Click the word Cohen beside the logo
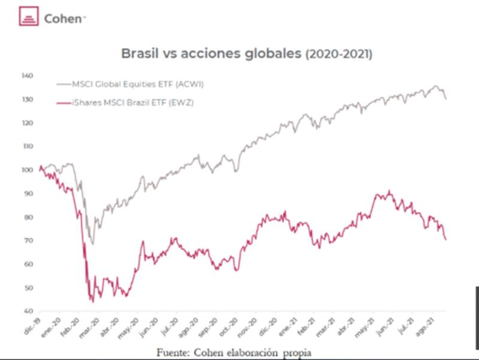[63, 19]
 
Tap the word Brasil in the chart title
[141, 53]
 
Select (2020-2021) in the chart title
[339, 54]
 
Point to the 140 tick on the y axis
[28, 76]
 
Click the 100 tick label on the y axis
[28, 170]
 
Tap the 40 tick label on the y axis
[29, 311]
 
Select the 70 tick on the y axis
[29, 241]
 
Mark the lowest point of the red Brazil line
[92, 301]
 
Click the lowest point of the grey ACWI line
[92, 244]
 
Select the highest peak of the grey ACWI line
[436, 86]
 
